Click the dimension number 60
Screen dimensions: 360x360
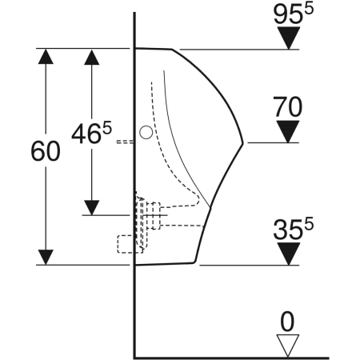(x=45, y=151)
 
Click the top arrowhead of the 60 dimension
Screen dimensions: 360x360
(x=47, y=57)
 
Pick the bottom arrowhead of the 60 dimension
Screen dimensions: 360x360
(x=47, y=255)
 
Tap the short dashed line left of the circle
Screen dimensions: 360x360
(x=124, y=142)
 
